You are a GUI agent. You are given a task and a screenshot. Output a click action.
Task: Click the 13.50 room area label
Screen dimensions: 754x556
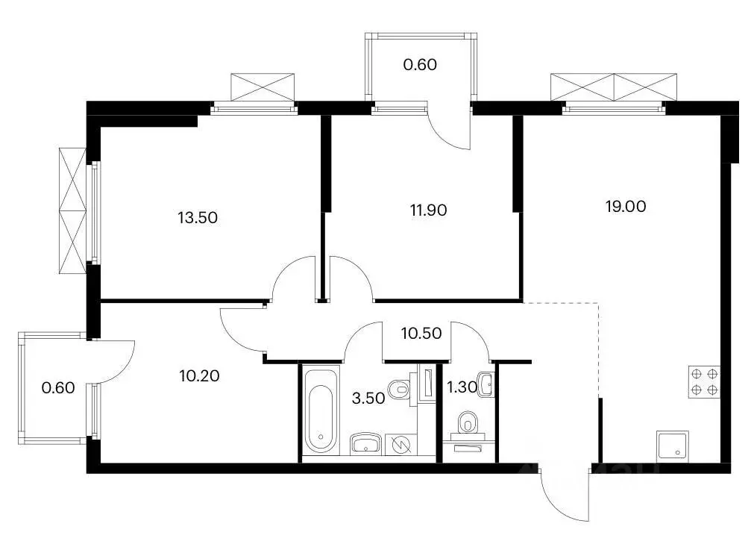click(198, 218)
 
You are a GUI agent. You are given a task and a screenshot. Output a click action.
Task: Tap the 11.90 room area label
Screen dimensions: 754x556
click(428, 210)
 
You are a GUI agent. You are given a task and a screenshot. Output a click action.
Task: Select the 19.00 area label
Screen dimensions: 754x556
click(626, 206)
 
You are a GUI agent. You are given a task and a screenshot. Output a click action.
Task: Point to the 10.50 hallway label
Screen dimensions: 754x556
click(421, 333)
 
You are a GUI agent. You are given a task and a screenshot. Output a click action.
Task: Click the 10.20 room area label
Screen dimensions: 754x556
click(200, 375)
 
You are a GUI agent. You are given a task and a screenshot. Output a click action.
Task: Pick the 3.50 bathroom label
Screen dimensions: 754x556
click(368, 398)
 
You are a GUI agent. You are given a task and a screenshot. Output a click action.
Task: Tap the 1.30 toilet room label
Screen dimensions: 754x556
click(462, 387)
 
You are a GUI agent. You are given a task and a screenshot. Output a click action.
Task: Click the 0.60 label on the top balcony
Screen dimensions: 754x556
click(420, 64)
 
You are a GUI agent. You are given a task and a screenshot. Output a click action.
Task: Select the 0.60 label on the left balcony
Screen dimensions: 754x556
click(58, 387)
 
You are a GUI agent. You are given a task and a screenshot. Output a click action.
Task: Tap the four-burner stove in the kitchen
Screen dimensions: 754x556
click(704, 381)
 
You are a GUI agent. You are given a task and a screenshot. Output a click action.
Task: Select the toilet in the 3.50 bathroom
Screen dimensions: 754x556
click(400, 389)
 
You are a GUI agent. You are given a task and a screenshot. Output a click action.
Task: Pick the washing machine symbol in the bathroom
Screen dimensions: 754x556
click(400, 444)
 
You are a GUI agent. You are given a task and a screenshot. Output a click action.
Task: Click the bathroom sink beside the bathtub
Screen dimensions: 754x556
click(366, 443)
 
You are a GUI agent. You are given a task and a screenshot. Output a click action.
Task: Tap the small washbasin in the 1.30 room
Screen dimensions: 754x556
click(486, 384)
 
